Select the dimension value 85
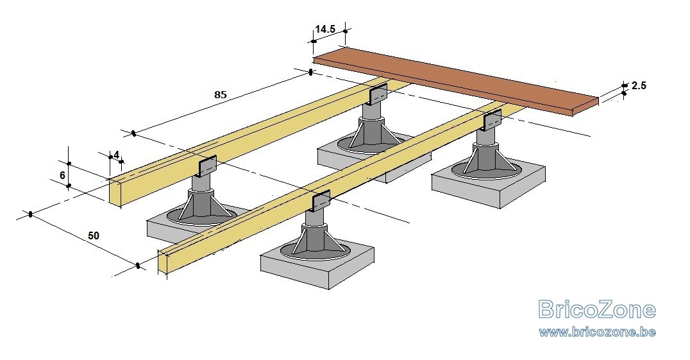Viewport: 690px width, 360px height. [220, 94]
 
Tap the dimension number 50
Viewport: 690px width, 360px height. [94, 236]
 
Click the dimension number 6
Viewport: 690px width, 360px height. [62, 175]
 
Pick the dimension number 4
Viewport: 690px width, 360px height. [115, 155]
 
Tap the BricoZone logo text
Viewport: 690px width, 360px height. [596, 310]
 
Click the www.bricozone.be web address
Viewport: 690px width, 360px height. [597, 332]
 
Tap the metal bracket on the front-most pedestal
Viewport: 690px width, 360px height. [321, 201]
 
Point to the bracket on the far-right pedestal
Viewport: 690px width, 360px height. [492, 120]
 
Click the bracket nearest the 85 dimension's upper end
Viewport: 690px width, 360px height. [378, 94]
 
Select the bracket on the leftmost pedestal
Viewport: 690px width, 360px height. [207, 167]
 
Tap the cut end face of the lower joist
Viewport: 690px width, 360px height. [162, 263]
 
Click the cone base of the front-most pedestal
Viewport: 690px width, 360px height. [315, 242]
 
